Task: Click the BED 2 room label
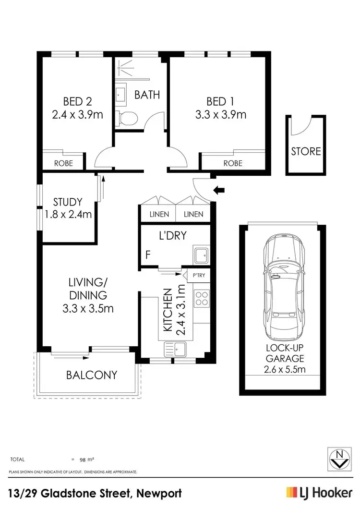click(x=78, y=101)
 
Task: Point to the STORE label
click(x=306, y=151)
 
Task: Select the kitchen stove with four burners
click(x=201, y=299)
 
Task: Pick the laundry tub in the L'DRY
click(x=201, y=254)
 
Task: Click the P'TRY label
click(x=199, y=276)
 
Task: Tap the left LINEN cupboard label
click(x=158, y=214)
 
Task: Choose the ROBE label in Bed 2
click(x=63, y=163)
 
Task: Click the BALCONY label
click(x=91, y=375)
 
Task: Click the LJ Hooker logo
click(x=318, y=493)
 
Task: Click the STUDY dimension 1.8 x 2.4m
click(x=68, y=215)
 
